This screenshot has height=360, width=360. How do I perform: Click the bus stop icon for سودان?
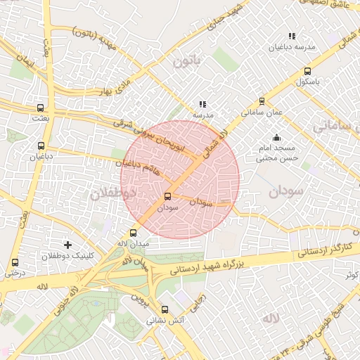167,197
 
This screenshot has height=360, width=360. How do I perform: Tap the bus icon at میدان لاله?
134,233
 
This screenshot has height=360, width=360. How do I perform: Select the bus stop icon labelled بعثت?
40,108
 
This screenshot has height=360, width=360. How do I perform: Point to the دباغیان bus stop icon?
40,146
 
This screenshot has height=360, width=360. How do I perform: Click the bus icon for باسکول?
307,71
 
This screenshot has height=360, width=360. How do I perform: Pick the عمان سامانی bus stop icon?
262,101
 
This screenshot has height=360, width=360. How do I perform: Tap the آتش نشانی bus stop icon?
165,309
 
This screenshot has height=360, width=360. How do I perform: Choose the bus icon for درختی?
15,262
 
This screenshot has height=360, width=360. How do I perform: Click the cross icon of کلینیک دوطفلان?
67,245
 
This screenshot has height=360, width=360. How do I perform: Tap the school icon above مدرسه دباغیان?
291,36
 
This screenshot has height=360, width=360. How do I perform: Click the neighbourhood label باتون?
187,61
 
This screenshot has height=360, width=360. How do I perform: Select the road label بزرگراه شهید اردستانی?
210,266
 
